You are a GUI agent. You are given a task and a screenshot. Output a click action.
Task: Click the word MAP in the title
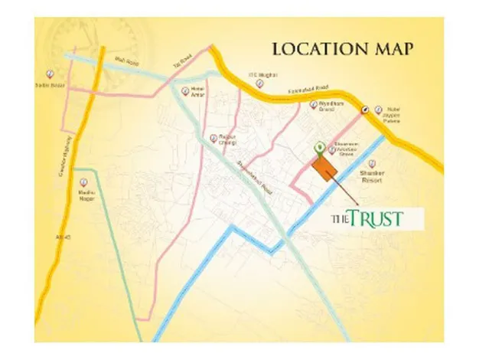(x=390, y=51)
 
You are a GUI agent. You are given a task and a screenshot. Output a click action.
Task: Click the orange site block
(x=324, y=166)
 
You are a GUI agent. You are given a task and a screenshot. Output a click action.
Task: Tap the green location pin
(x=319, y=147)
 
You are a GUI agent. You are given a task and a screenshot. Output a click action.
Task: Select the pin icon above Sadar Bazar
(x=49, y=72)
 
